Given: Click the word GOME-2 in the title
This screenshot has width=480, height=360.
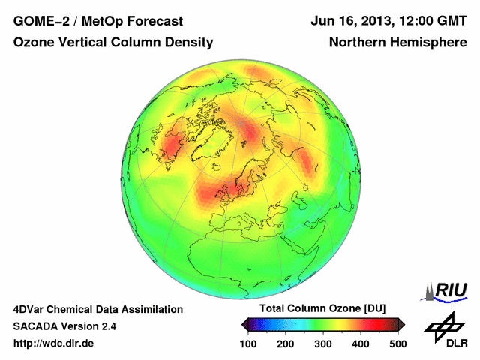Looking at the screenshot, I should click(x=38, y=21).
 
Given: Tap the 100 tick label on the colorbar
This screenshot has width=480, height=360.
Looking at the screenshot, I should click(x=249, y=343).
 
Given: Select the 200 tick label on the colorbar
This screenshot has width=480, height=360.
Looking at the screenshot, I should click(x=286, y=343).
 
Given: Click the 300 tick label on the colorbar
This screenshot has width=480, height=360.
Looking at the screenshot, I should click(x=323, y=343).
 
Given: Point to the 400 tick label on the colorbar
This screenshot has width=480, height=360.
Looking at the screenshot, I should click(x=360, y=343).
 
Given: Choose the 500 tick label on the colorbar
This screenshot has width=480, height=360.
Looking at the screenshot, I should click(x=397, y=343).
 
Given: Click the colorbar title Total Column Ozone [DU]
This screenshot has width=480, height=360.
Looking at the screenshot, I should click(x=322, y=309).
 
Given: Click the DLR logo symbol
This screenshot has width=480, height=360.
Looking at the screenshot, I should click(x=443, y=325).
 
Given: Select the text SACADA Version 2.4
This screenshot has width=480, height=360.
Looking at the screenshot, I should click(x=64, y=326).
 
